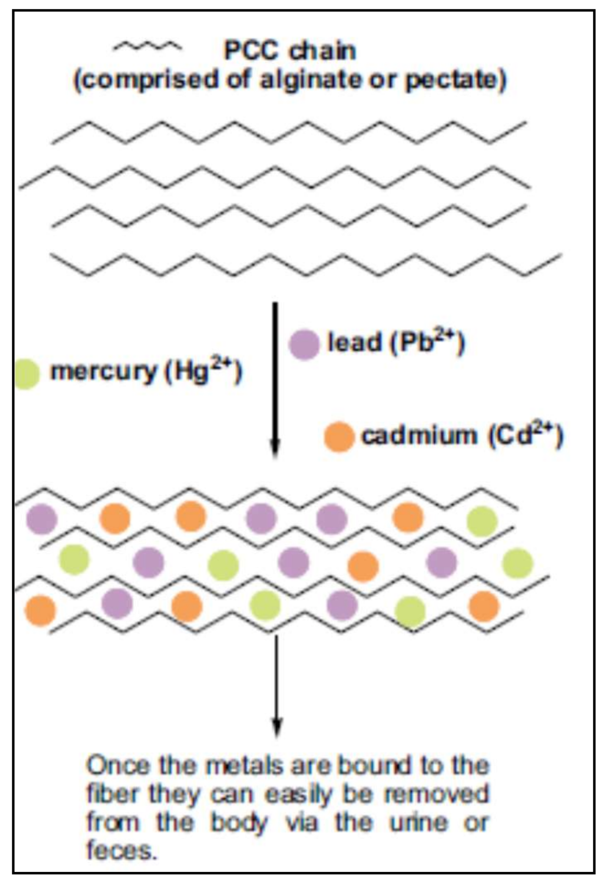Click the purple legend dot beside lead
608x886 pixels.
pyautogui.click(x=304, y=344)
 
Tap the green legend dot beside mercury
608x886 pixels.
pyautogui.click(x=25, y=374)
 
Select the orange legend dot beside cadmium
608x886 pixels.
pyautogui.click(x=339, y=437)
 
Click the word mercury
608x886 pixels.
pyautogui.click(x=104, y=373)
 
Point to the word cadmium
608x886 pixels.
pyautogui.click(x=419, y=435)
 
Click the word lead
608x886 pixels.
pyautogui.click(x=355, y=342)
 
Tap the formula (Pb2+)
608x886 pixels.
pyautogui.click(x=428, y=342)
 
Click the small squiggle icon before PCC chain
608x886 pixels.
pyautogui.click(x=147, y=47)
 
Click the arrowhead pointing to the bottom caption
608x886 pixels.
pyautogui.click(x=277, y=729)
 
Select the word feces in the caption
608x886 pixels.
pyautogui.click(x=122, y=851)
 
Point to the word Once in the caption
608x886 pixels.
pyautogui.click(x=117, y=766)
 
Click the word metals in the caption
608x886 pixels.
pyautogui.click(x=245, y=766)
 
